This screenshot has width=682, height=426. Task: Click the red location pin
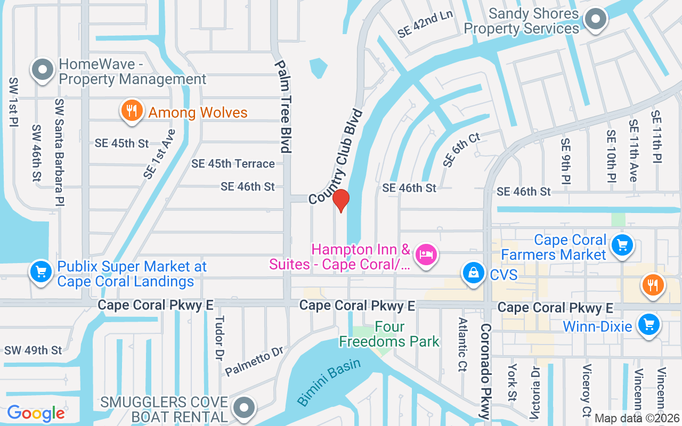pos(341,201)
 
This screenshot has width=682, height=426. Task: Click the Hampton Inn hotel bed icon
pos(425,254)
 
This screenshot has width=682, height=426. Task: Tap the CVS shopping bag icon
pos(473,273)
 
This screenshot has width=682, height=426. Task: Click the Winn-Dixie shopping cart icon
pos(648,323)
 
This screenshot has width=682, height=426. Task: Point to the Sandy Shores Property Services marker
pos(595,20)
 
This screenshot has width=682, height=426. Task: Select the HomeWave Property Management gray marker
pos(43,69)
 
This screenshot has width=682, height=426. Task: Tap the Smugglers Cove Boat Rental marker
pos(245,407)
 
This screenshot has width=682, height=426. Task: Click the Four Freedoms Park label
pos(389,334)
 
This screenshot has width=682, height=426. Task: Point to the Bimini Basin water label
pos(329,382)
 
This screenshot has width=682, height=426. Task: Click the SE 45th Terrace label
pos(233,164)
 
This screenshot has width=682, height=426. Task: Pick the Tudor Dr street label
pos(218,338)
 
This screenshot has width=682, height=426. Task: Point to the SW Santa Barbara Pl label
pos(59,152)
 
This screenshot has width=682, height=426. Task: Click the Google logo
pos(36,413)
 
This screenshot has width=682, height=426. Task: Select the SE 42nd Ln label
pos(425,24)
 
